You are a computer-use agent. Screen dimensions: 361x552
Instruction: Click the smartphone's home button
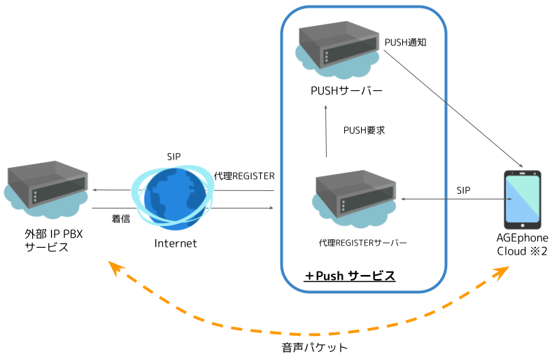click(x=523, y=225)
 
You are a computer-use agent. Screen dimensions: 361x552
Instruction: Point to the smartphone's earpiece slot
click(x=523, y=172)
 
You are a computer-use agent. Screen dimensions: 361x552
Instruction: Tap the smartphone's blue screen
click(x=523, y=199)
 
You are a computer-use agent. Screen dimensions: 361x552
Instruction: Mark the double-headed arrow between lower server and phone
click(x=455, y=199)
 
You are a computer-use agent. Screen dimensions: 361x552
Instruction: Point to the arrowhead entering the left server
click(x=94, y=190)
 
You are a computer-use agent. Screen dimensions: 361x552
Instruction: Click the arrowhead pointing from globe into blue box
click(x=271, y=208)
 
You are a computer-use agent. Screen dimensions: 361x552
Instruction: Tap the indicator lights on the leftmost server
click(x=34, y=195)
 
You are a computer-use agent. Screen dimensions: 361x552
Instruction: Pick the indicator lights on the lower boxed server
click(x=343, y=205)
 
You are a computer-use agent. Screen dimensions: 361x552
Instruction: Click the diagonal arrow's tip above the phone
click(x=521, y=167)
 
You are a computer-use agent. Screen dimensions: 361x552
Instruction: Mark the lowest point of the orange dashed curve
click(x=301, y=334)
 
